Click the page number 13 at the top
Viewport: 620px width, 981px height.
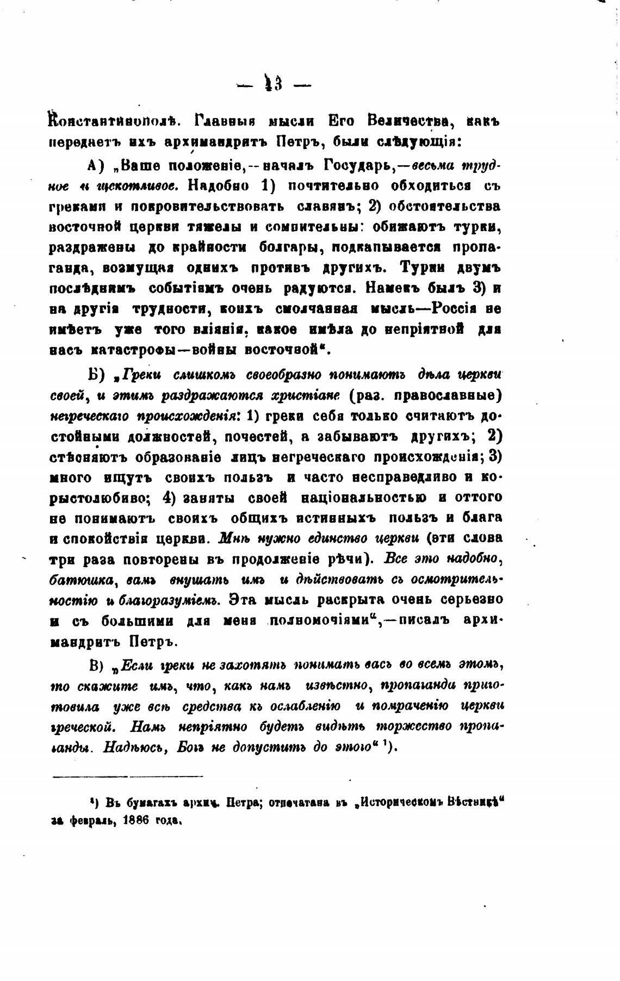pos(274,84)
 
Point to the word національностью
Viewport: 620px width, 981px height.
pos(365,498)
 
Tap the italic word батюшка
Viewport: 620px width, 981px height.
pos(80,580)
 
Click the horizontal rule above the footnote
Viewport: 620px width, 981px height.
pos(127,776)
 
